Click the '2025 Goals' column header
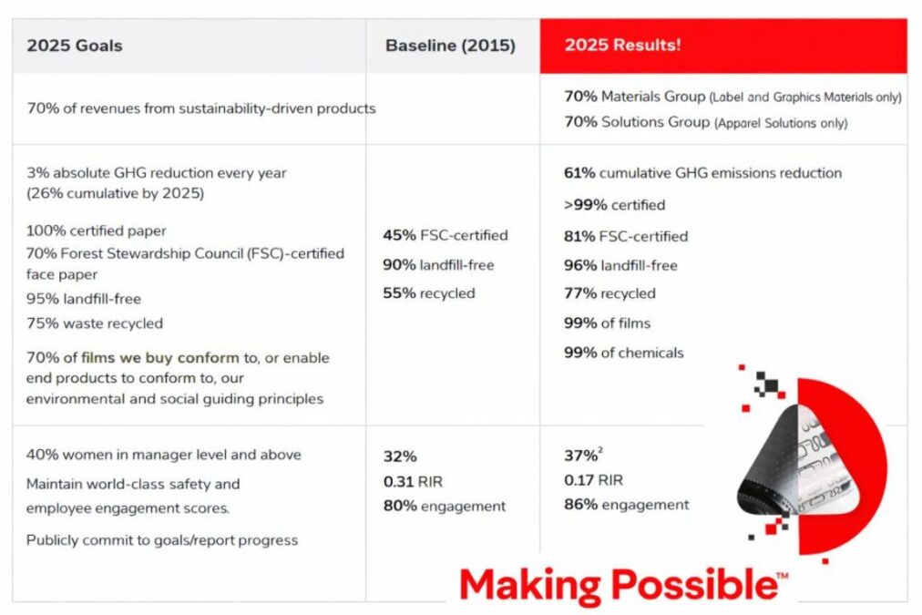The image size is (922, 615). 74,46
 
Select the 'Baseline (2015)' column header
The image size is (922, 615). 450,46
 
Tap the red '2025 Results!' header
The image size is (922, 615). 622,46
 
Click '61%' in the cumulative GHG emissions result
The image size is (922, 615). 580,173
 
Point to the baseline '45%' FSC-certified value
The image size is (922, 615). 399,235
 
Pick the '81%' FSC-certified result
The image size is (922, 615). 579,236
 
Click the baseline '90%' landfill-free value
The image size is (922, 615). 399,264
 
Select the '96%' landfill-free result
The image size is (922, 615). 579,265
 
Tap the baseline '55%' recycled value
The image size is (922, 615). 399,293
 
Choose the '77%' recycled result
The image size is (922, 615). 579,293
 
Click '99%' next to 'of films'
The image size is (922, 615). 580,323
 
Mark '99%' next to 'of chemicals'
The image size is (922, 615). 580,353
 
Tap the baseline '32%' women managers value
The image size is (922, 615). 399,456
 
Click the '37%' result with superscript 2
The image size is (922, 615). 579,456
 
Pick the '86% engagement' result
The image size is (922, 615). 626,504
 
